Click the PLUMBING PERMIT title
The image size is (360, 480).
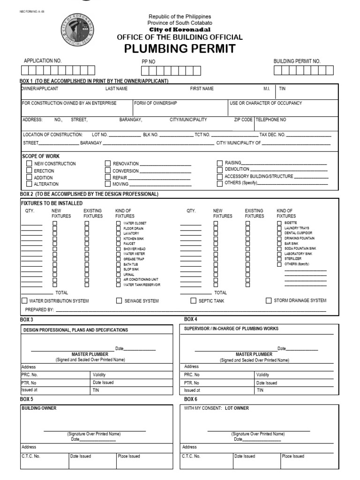[x=180, y=49]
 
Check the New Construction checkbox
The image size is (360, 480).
[x=29, y=164]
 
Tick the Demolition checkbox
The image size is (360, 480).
[x=220, y=169]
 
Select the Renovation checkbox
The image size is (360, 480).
[x=108, y=164]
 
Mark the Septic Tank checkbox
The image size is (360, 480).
[x=193, y=300]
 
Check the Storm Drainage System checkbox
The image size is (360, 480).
[x=269, y=300]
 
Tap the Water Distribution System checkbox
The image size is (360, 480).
[x=24, y=300]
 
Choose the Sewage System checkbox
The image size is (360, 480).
[x=119, y=300]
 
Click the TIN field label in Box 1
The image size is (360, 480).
[x=282, y=89]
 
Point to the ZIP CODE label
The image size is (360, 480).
[x=243, y=120]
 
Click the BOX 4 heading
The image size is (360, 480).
[x=190, y=319]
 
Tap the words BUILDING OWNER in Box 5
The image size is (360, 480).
[x=39, y=408]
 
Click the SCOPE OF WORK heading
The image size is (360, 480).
[x=41, y=156]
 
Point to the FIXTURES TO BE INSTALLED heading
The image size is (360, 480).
[x=52, y=203]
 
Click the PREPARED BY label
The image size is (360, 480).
[x=39, y=310]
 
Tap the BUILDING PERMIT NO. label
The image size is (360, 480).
[x=297, y=61]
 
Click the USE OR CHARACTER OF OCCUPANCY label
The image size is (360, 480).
[x=265, y=103]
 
